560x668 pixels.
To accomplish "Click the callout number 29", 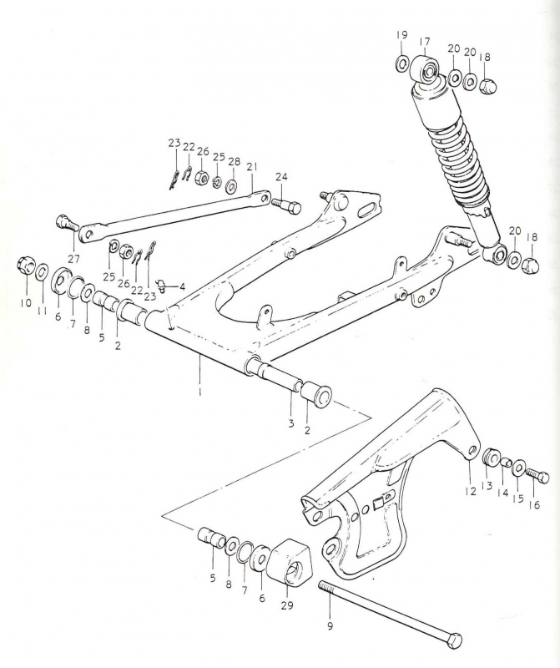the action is click(287, 605).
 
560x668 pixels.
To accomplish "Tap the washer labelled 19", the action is click(401, 63).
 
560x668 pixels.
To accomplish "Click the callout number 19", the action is click(401, 34).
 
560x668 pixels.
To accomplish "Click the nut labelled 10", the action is click(27, 267).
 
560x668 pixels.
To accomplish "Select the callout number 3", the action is click(291, 424).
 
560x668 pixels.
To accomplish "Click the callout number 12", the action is click(470, 491).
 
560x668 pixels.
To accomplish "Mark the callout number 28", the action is click(234, 161).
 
